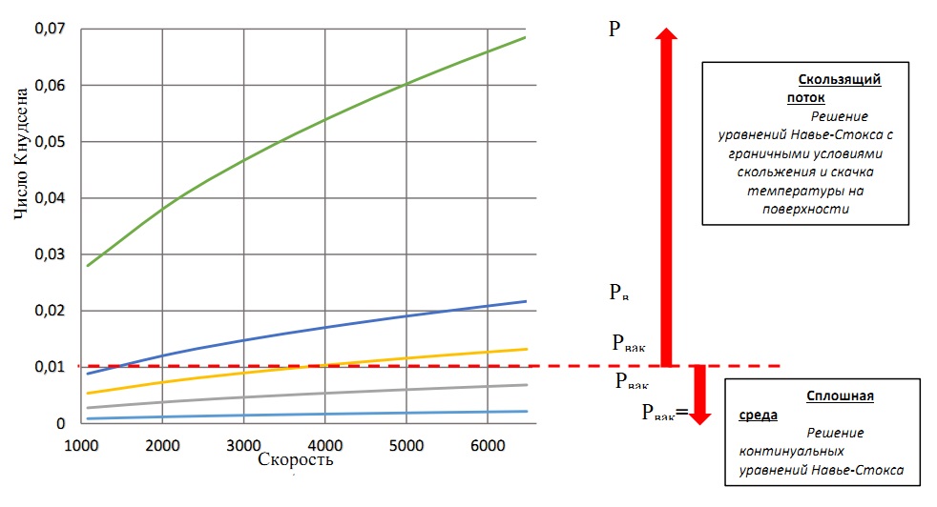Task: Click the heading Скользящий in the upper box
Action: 839,80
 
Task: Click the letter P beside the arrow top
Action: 614,29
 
